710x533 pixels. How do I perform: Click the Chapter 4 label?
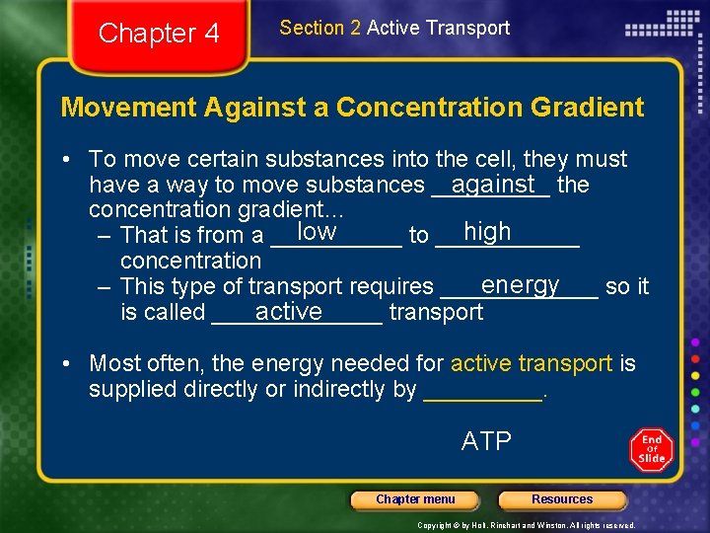[x=159, y=34]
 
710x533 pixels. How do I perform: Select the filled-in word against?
[x=493, y=184]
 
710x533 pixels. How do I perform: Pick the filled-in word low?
[x=317, y=232]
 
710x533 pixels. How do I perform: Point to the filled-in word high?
[x=487, y=232]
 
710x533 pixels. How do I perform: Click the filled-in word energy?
[x=520, y=284]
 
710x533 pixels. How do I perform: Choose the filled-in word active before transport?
[x=288, y=312]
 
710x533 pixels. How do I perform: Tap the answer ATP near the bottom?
[x=486, y=441]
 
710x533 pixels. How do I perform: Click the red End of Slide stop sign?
[x=652, y=449]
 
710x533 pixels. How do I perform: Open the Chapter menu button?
[x=415, y=499]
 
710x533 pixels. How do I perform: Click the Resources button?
[x=562, y=499]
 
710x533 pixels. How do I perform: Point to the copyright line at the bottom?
[x=527, y=524]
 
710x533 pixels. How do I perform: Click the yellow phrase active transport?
[x=532, y=363]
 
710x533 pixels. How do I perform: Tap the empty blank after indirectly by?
[x=482, y=391]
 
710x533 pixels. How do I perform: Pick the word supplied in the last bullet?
[x=127, y=389]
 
